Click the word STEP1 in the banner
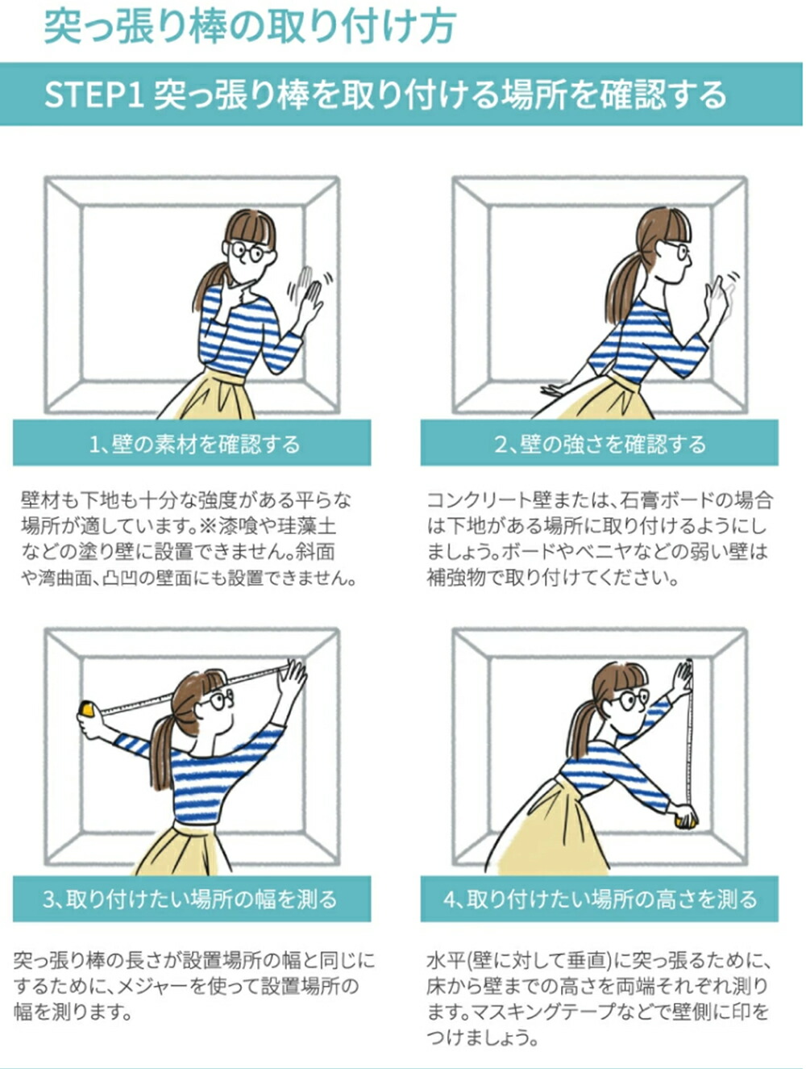(x=93, y=94)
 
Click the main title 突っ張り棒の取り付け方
(x=250, y=27)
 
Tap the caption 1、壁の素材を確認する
(x=194, y=445)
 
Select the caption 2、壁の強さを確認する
(x=600, y=445)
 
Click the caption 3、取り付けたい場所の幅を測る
(x=190, y=899)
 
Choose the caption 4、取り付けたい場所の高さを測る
(x=600, y=899)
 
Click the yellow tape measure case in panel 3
(x=88, y=708)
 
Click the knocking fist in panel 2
(x=716, y=296)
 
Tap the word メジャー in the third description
(x=150, y=986)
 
